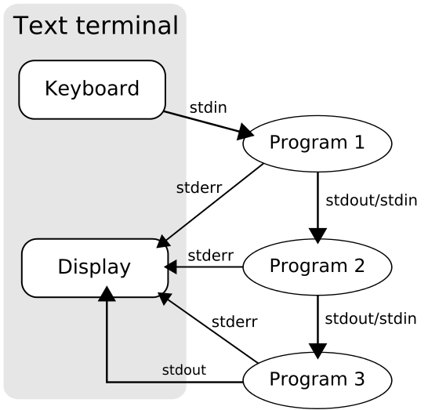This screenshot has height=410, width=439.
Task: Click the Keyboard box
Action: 92,89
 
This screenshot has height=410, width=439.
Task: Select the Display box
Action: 94,267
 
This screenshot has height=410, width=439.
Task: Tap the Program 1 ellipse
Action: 317,143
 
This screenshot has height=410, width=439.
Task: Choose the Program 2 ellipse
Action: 317,266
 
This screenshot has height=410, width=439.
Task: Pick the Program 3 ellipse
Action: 317,380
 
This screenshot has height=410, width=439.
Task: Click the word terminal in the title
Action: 129,26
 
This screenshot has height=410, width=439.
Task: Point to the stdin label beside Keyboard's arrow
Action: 208,107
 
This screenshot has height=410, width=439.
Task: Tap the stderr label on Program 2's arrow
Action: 210,255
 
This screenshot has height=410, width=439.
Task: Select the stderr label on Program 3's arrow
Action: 234,321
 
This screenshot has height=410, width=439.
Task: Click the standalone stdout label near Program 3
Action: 184,369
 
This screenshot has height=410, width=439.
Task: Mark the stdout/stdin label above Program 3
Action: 370,318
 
